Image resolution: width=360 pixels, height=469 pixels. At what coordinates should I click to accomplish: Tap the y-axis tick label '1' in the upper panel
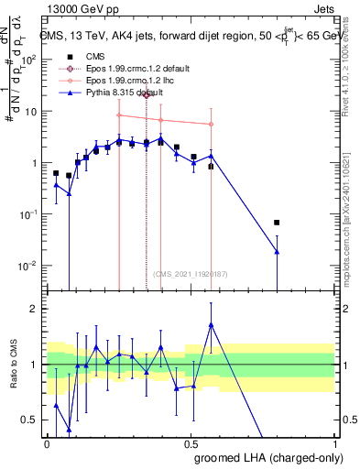[36, 163]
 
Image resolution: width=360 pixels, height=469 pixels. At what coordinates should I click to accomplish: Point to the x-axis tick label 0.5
[191, 442]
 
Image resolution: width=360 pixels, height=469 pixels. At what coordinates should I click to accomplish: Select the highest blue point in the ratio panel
[212, 324]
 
